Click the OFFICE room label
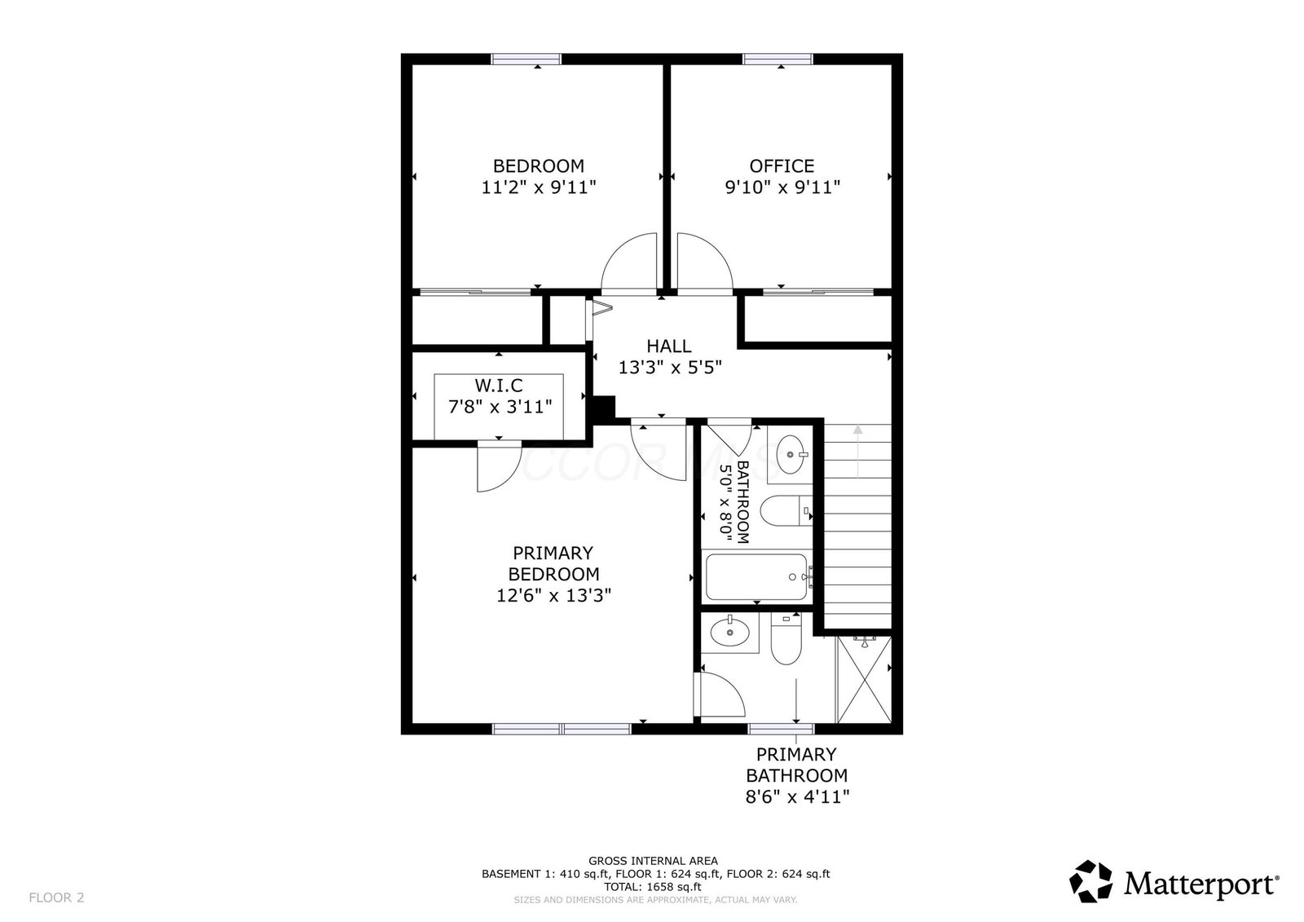point(782,166)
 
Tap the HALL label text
point(669,346)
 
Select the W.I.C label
point(499,386)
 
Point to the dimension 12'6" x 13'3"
point(553,596)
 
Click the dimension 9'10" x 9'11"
point(782,187)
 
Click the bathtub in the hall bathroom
point(756,576)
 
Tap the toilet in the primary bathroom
point(786,638)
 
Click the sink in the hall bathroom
point(791,454)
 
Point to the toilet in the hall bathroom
point(786,511)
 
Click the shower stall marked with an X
point(864,679)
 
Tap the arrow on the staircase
point(857,452)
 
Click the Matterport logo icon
point(1090,881)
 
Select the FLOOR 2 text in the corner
point(56,898)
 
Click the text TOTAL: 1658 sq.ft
point(653,887)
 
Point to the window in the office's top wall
point(778,59)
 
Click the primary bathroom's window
point(781,729)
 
